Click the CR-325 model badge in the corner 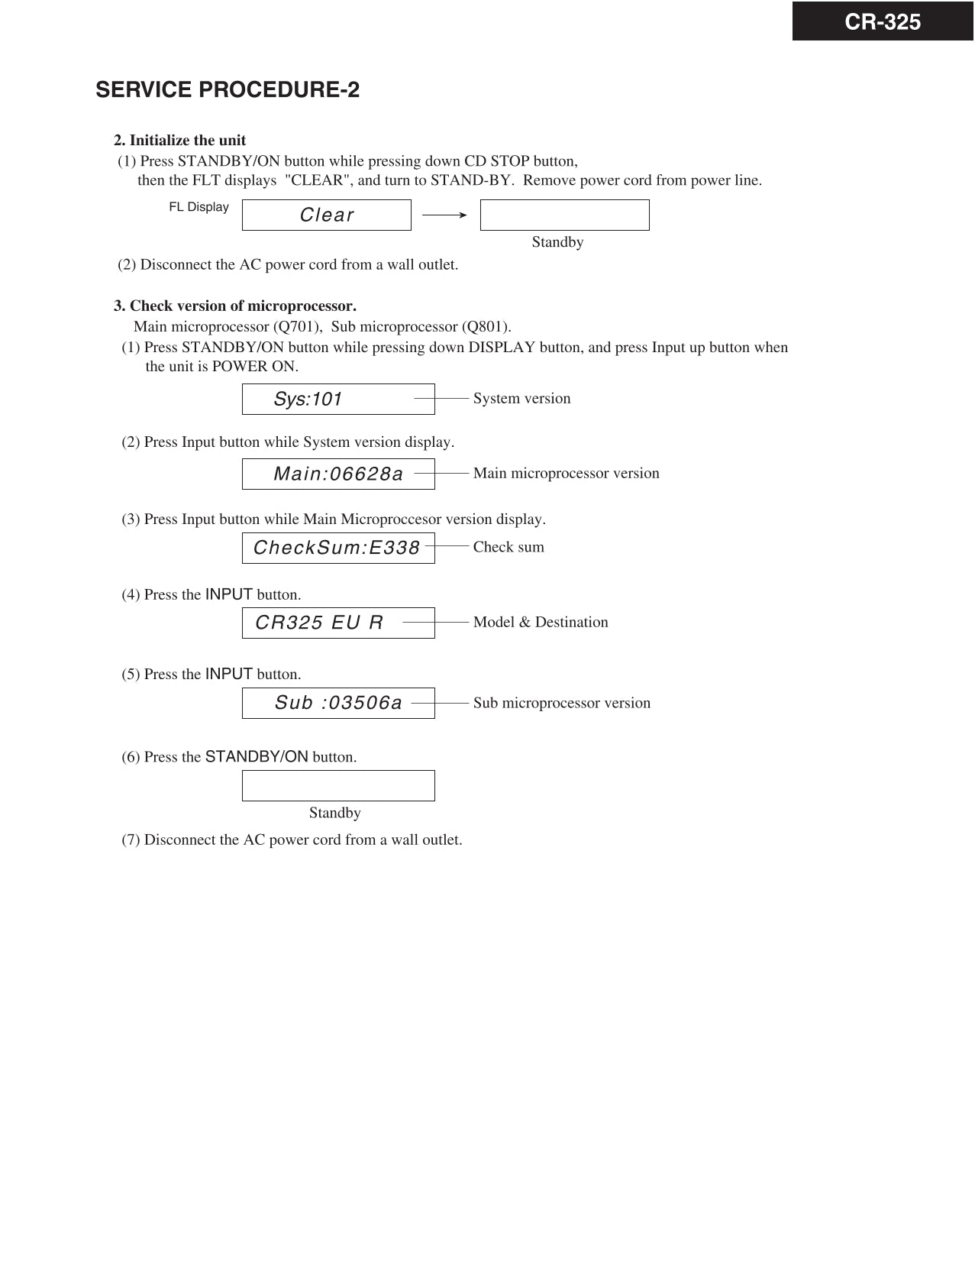(x=883, y=22)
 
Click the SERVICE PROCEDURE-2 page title (x=228, y=90)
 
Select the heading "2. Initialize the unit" (x=180, y=141)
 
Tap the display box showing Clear (x=327, y=215)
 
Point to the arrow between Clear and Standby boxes (x=444, y=215)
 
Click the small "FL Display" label (x=199, y=207)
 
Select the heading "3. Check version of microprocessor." (x=235, y=306)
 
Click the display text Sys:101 (x=308, y=400)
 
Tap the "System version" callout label (x=521, y=399)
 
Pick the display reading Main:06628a (x=338, y=474)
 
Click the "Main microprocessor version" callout (x=566, y=474)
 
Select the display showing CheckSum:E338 (x=337, y=548)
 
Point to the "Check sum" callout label (x=508, y=547)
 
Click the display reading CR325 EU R (x=319, y=623)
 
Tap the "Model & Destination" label (x=541, y=622)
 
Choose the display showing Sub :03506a (x=338, y=703)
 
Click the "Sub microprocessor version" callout (x=561, y=703)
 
